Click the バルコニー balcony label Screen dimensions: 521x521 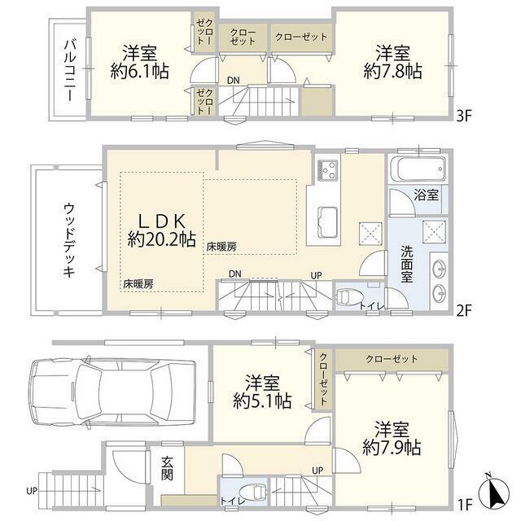(x=70, y=70)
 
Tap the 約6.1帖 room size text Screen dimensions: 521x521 (x=139, y=71)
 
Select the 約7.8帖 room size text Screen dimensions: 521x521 (x=392, y=71)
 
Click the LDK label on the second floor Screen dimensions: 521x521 (x=161, y=221)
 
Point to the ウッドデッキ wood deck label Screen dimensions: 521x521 (x=68, y=241)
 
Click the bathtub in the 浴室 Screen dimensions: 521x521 (x=418, y=169)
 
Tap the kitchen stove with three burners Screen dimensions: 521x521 (x=327, y=170)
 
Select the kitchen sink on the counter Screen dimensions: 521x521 (x=327, y=222)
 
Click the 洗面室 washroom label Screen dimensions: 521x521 (x=407, y=264)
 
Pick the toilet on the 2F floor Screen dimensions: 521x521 (x=346, y=296)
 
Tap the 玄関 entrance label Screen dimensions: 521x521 (x=167, y=469)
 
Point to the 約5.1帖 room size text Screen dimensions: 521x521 (x=262, y=401)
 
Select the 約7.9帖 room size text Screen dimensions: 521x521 (x=392, y=447)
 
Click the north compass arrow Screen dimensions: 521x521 (x=495, y=489)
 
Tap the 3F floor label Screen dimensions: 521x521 (x=465, y=116)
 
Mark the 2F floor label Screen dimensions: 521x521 (x=464, y=311)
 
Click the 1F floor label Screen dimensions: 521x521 (x=465, y=506)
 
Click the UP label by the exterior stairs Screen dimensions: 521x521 (x=32, y=491)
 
